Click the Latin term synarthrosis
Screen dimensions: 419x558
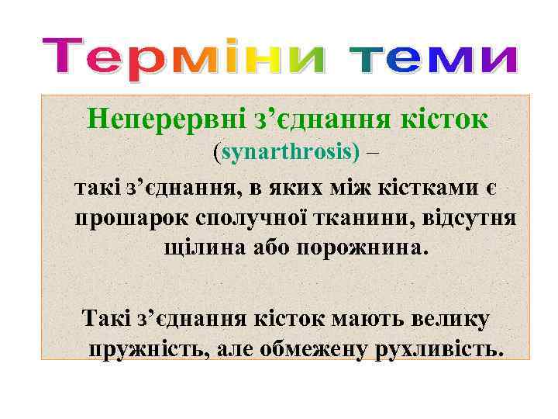pyautogui.click(x=291, y=152)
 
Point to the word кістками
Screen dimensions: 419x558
pyautogui.click(x=433, y=188)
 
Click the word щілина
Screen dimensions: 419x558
pyautogui.click(x=201, y=248)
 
